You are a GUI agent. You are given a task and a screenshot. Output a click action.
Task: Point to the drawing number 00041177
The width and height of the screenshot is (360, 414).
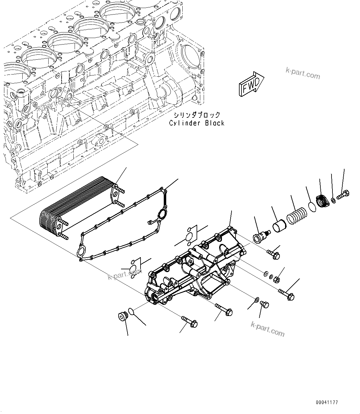click(x=327, y=403)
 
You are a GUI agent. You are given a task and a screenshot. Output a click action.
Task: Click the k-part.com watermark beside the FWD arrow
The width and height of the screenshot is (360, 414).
click(x=302, y=74)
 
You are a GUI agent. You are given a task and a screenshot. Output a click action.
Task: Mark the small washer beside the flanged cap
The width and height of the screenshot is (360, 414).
click(x=333, y=201)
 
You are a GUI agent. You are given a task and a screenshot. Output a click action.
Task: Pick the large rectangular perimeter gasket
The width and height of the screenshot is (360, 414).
click(x=124, y=223)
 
